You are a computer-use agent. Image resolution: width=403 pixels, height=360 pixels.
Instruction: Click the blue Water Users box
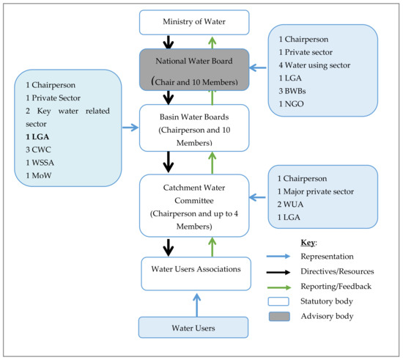pyautogui.click(x=193, y=327)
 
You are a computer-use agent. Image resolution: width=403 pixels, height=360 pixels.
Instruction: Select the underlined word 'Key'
pyautogui.click(x=308, y=241)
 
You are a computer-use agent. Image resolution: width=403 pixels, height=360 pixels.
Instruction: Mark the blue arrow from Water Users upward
pyautogui.click(x=195, y=304)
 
